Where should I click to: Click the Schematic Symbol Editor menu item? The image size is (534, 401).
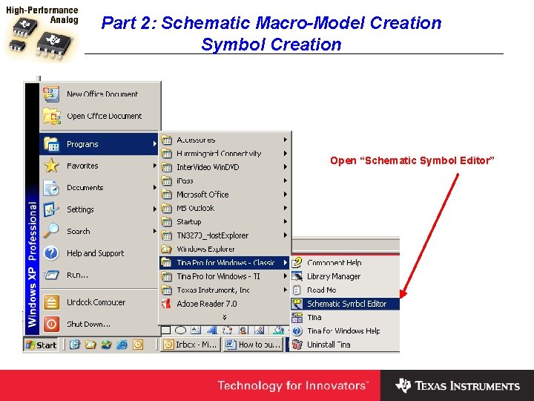(x=346, y=304)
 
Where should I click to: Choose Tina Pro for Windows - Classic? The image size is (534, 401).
(x=225, y=263)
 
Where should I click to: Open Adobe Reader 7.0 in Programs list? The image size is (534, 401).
(x=206, y=304)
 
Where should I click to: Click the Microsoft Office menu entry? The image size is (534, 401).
(x=202, y=195)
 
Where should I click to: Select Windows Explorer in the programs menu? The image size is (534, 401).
(x=205, y=250)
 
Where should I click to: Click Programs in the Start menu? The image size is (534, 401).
(x=82, y=144)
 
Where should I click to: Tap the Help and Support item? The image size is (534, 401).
(x=95, y=253)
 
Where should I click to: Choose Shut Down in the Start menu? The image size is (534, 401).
(x=88, y=324)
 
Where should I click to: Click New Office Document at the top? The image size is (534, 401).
(x=102, y=94)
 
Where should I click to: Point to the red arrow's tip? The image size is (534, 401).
(x=400, y=297)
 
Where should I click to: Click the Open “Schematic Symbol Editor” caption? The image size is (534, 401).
(x=412, y=161)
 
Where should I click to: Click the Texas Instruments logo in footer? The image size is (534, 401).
(x=458, y=385)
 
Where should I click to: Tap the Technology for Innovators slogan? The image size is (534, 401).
(x=292, y=385)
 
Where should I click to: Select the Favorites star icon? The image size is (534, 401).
(x=51, y=166)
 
